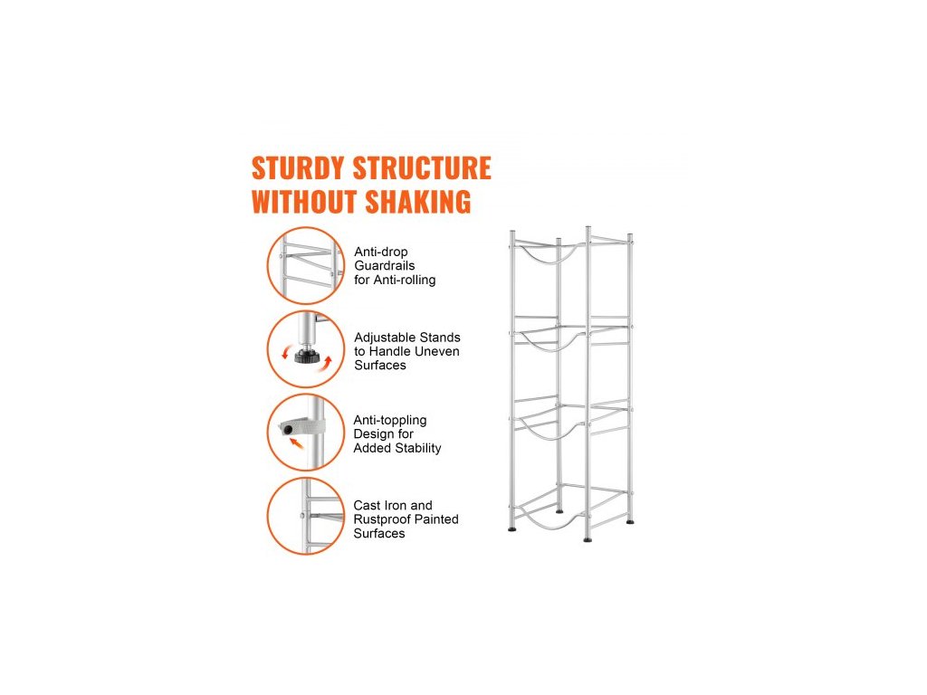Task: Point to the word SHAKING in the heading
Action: pyautogui.click(x=417, y=202)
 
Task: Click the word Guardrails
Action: pyautogui.click(x=385, y=266)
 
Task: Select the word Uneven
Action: pyautogui.click(x=438, y=351)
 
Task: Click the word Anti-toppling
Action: pyautogui.click(x=390, y=420)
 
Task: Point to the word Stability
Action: pyautogui.click(x=418, y=448)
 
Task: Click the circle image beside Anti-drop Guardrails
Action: pyautogui.click(x=306, y=266)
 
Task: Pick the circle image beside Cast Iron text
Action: pyautogui.click(x=306, y=517)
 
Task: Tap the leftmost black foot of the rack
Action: pyautogui.click(x=512, y=528)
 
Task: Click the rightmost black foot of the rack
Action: pyautogui.click(x=630, y=522)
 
